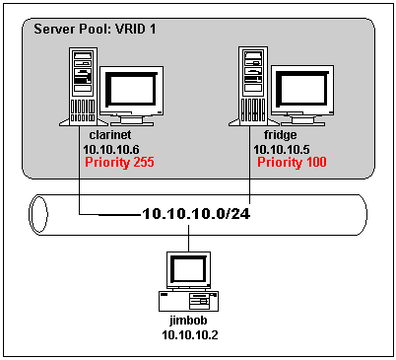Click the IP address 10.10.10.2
pos(192,336)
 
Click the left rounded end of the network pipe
pos(37,212)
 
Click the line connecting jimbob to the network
pos(188,241)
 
